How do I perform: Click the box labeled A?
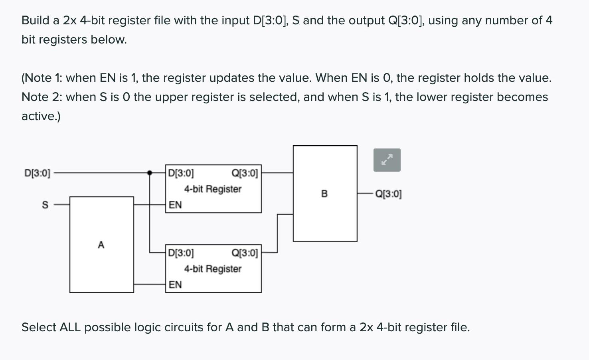[x=101, y=244]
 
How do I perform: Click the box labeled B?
[x=324, y=194]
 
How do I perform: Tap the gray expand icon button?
[x=387, y=160]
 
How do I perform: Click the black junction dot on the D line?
[x=150, y=173]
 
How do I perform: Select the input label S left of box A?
[x=45, y=205]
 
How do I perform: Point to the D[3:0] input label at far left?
[x=37, y=173]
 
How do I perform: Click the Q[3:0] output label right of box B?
[x=388, y=194]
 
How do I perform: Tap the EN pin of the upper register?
[x=175, y=205]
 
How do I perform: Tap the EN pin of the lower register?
[x=175, y=285]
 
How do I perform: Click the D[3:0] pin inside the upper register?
[x=181, y=173]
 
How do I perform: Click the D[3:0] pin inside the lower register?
[x=181, y=253]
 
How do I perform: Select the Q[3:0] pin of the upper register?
[x=245, y=173]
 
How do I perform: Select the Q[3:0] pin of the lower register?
[x=245, y=253]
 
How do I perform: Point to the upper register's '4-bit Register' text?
[x=213, y=189]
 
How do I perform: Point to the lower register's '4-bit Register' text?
[x=213, y=269]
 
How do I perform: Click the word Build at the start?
[x=35, y=20]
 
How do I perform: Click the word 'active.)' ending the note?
[x=41, y=116]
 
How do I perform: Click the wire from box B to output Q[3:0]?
[x=365, y=194]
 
